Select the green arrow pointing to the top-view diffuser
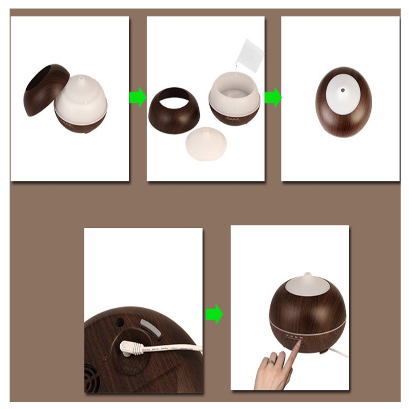click(273, 97)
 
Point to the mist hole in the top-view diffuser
click(343, 90)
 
